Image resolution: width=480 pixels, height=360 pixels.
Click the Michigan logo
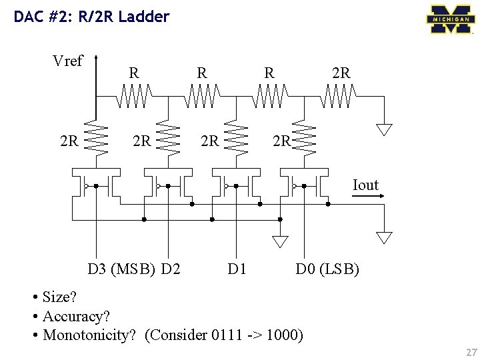pos(451,19)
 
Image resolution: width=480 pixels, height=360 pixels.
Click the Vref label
pos(67,61)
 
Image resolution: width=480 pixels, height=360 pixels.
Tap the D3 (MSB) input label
pos(121,269)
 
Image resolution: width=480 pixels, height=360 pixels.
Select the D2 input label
pos(171,269)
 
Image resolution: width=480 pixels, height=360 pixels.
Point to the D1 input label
pos(237,269)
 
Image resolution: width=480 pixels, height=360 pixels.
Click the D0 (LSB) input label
pos(327,269)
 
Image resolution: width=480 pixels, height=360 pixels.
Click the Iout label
pos(365,185)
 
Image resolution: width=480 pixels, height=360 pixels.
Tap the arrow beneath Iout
pos(367,196)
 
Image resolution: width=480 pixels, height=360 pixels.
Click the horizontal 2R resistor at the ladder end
pos(338,96)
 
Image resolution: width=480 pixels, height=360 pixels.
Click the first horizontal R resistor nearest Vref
pos(134,96)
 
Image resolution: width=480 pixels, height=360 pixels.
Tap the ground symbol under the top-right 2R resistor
pos(384,129)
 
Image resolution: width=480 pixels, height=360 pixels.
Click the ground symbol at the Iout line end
pos(384,238)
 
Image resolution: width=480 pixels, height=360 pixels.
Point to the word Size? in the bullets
pos(59,297)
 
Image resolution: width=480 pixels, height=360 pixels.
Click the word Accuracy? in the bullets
pos(76,316)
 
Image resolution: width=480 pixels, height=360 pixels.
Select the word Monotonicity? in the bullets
pos(89,335)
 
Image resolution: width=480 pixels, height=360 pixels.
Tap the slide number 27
pos(472,352)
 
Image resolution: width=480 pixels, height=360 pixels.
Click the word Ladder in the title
pos(144,16)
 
